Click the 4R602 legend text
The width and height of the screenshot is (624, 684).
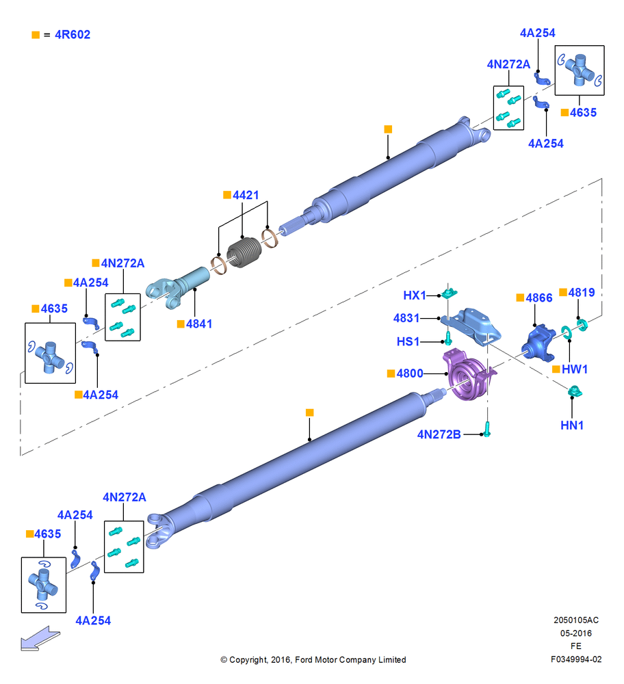[x=73, y=34]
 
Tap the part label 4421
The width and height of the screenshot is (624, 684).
[x=246, y=195]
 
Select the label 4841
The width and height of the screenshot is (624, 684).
[x=199, y=324]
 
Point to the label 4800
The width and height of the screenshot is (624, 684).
[x=410, y=373]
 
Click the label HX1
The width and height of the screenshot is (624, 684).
[x=414, y=295]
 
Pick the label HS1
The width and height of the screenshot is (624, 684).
[x=408, y=341]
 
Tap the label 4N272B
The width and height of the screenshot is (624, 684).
[x=439, y=434]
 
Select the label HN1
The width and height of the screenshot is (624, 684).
[x=571, y=425]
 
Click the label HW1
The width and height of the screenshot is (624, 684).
[x=575, y=369]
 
